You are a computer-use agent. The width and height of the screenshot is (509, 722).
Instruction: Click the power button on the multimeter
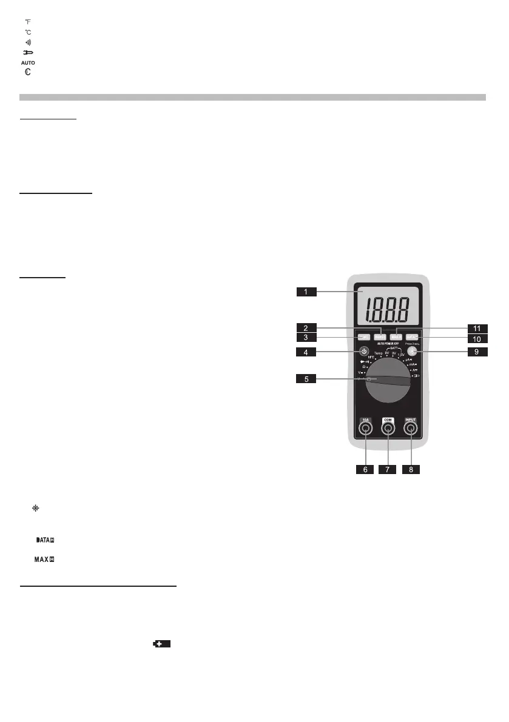tap(364, 352)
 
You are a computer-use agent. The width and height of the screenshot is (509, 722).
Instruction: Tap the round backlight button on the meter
tap(413, 352)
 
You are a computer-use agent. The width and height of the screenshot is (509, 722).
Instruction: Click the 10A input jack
tap(365, 429)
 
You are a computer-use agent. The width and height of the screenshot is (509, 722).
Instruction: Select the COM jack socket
tap(388, 429)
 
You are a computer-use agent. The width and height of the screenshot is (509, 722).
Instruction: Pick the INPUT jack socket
tap(411, 429)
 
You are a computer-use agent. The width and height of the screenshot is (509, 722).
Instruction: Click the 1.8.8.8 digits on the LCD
tap(389, 310)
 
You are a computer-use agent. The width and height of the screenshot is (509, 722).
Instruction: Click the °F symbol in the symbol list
tap(27, 22)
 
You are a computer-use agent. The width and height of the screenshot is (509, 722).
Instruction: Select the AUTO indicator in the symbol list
tap(29, 62)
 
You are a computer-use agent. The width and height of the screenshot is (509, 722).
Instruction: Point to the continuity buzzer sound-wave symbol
tap(27, 42)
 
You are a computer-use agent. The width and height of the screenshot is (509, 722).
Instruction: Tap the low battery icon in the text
tap(161, 644)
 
